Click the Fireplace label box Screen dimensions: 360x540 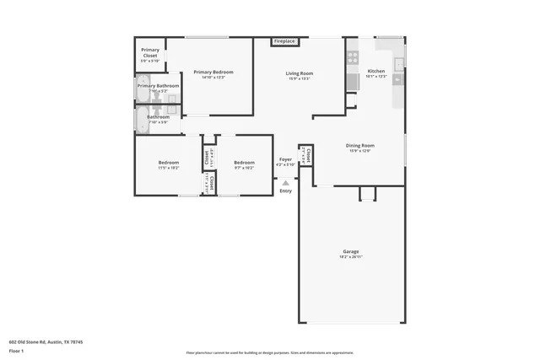click(283, 41)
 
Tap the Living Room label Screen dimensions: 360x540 click(300, 74)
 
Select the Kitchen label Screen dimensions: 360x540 click(376, 72)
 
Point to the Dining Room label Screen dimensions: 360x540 click(360, 146)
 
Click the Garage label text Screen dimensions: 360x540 click(351, 252)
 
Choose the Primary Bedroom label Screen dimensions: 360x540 click(213, 73)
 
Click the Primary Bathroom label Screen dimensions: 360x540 click(158, 86)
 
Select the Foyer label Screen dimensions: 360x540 click(286, 159)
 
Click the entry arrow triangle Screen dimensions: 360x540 click(286, 180)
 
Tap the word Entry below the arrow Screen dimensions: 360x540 click(286, 191)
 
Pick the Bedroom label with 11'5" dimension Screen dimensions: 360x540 click(169, 163)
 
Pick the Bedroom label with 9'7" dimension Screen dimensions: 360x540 click(244, 163)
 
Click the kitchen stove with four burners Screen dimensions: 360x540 click(353, 58)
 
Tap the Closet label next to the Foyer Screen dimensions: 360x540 click(308, 155)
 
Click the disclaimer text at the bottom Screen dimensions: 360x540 click(269, 353)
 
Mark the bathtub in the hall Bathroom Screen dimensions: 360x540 click(141, 121)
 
